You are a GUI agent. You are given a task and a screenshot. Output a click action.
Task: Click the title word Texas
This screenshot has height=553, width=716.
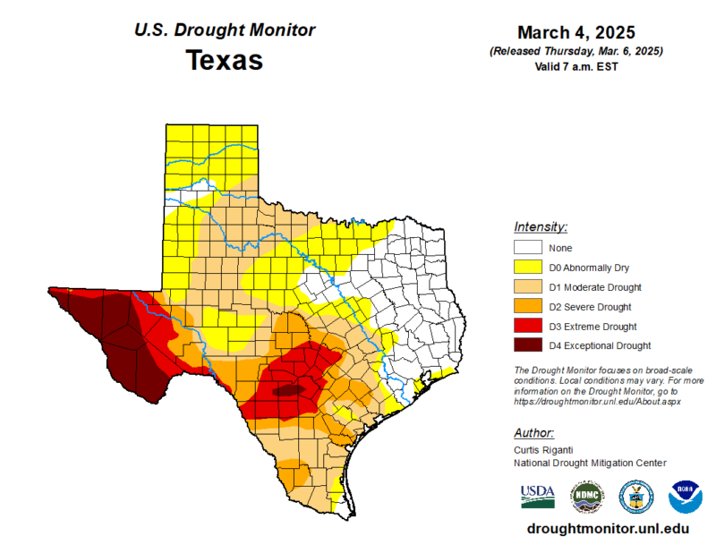coord(224,61)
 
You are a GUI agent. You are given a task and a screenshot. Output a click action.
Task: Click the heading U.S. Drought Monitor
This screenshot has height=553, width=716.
coord(224,30)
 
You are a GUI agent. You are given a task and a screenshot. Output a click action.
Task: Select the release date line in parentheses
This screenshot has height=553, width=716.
coord(575,52)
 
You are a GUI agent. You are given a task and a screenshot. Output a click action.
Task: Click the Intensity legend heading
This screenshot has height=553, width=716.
coord(541,226)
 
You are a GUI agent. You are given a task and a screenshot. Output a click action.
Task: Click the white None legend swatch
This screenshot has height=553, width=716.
coord(527,248)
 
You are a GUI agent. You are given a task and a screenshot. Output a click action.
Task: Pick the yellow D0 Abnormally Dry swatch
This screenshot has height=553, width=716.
coord(527,268)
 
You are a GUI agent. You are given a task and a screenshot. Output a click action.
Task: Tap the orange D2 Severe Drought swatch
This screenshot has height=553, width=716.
coord(527,307)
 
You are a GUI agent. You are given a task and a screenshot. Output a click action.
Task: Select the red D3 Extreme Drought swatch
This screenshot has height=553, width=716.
coord(527,327)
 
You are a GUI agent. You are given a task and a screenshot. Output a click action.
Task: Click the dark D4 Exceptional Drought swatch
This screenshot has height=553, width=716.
coord(527,345)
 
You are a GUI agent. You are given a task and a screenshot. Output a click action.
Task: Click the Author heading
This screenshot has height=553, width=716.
coord(535,432)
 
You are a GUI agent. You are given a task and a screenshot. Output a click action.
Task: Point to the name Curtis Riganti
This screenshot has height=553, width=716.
coord(545,450)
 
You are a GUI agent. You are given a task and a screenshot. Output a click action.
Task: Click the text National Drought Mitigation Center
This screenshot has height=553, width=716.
coord(590,464)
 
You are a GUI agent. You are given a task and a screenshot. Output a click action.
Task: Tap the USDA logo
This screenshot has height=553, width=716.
coord(537,496)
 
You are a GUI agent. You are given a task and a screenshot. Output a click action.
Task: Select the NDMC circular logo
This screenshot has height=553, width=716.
coord(587,496)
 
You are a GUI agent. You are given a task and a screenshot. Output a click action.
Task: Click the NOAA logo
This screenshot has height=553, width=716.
coord(686,496)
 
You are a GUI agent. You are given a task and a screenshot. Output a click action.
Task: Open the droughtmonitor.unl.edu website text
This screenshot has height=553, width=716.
coord(609,529)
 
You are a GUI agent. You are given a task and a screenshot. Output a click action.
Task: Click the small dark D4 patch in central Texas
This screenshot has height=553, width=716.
coord(287,390)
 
